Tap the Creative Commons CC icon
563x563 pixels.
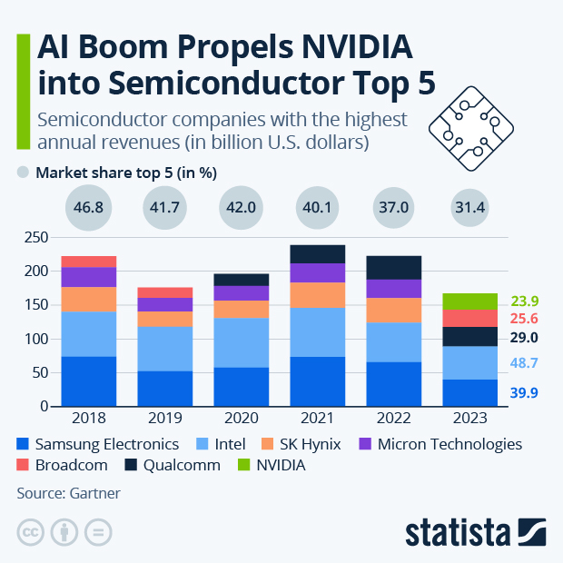click(32, 532)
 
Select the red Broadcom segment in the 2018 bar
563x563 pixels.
click(89, 262)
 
